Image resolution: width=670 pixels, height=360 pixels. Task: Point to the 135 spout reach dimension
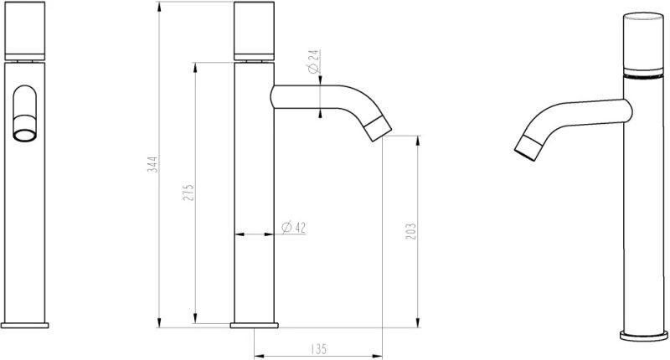tap(317, 347)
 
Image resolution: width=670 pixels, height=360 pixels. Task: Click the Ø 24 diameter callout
tap(312, 65)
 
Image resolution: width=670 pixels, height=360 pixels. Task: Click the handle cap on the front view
tap(27, 31)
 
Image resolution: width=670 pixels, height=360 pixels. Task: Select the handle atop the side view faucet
tap(255, 31)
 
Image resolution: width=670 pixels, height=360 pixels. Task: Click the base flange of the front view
tap(27, 325)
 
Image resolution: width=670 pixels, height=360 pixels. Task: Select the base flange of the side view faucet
tap(255, 325)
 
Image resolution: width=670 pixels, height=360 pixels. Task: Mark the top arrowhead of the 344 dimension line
tap(159, 8)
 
